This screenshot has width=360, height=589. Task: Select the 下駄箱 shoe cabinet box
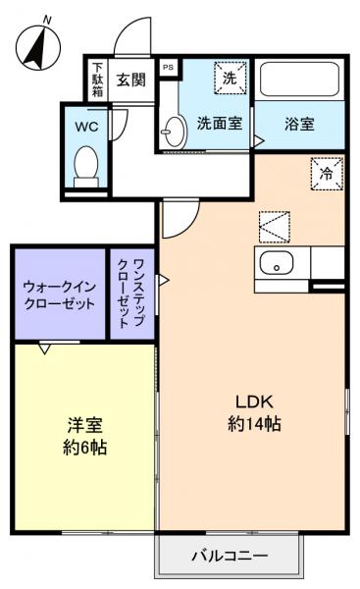[97, 80]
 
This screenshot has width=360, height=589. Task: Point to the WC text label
[85, 126]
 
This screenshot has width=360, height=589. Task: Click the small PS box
[168, 69]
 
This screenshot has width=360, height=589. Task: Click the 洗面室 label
[220, 125]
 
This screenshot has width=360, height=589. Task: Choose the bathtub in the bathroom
[299, 79]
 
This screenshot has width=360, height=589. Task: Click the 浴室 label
[299, 125]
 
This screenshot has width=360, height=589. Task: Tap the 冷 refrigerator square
[327, 172]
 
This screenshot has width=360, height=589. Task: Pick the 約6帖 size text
[85, 448]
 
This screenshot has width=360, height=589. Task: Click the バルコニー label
[229, 557]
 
